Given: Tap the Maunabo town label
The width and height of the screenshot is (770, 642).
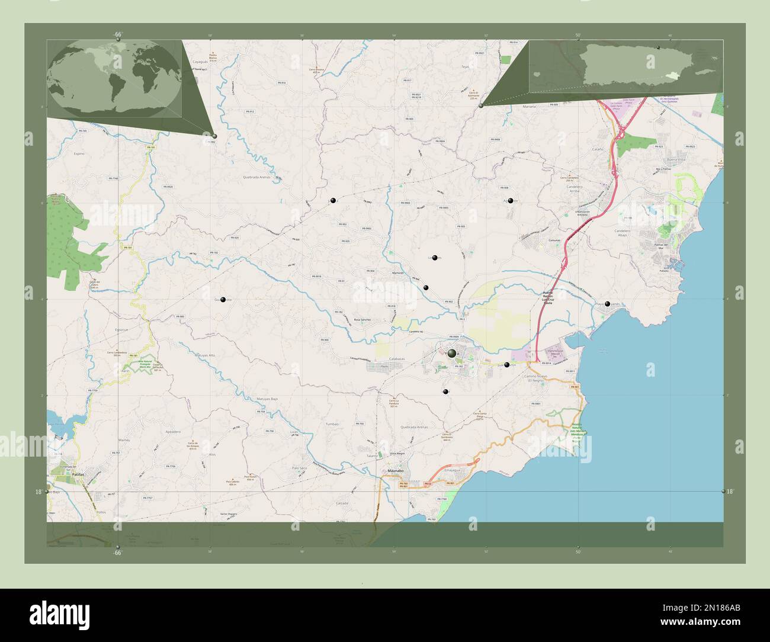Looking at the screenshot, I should [x=395, y=471].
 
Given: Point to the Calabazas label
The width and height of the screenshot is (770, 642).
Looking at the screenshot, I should [x=381, y=359].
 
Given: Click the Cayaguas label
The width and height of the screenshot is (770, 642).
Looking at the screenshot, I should [x=201, y=62].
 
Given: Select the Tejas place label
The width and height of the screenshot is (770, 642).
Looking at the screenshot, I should [x=465, y=67].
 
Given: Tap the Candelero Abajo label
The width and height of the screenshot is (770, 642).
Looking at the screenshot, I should [x=625, y=232].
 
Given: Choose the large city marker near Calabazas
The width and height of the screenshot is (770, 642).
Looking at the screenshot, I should [x=453, y=354].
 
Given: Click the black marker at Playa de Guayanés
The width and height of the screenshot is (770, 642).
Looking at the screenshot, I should [x=607, y=304].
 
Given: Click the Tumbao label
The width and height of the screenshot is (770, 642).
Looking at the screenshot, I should [x=332, y=425].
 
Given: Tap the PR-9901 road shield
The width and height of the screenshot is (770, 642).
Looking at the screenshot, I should [x=536, y=403].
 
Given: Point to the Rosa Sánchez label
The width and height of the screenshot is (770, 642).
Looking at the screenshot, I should [x=362, y=320].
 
